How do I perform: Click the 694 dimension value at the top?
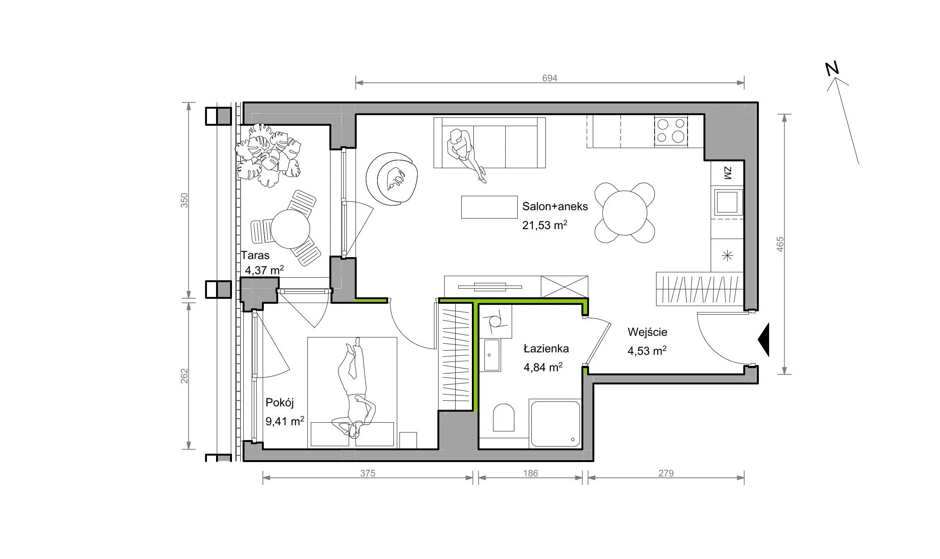(550, 78)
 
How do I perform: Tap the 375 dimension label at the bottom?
(368, 473)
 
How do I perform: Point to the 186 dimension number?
(530, 473)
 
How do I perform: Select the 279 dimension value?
(666, 473)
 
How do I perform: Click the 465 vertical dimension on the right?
(780, 244)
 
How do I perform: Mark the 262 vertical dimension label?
(184, 376)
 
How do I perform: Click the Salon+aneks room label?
(555, 206)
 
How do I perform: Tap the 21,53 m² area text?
(545, 225)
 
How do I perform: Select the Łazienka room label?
(546, 348)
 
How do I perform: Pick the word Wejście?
(647, 332)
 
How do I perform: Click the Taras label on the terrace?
(255, 255)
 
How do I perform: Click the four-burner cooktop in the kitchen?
(671, 131)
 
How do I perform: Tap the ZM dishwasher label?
(727, 173)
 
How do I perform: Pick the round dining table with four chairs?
(625, 212)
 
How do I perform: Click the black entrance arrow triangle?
(763, 340)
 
